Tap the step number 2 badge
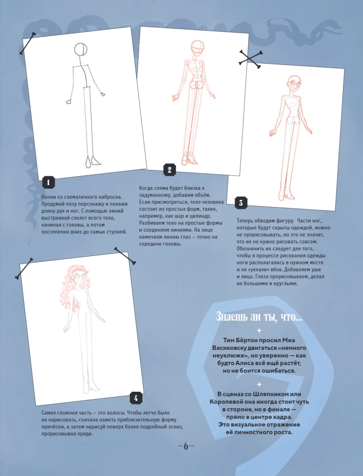point(169,169)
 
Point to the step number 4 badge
point(136,397)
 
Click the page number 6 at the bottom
point(186,446)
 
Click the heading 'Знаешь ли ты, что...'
point(259,316)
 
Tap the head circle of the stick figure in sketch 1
point(81,49)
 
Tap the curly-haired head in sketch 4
point(78,281)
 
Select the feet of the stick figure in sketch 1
point(91,161)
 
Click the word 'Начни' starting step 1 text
point(50,197)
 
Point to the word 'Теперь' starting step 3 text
point(248,220)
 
